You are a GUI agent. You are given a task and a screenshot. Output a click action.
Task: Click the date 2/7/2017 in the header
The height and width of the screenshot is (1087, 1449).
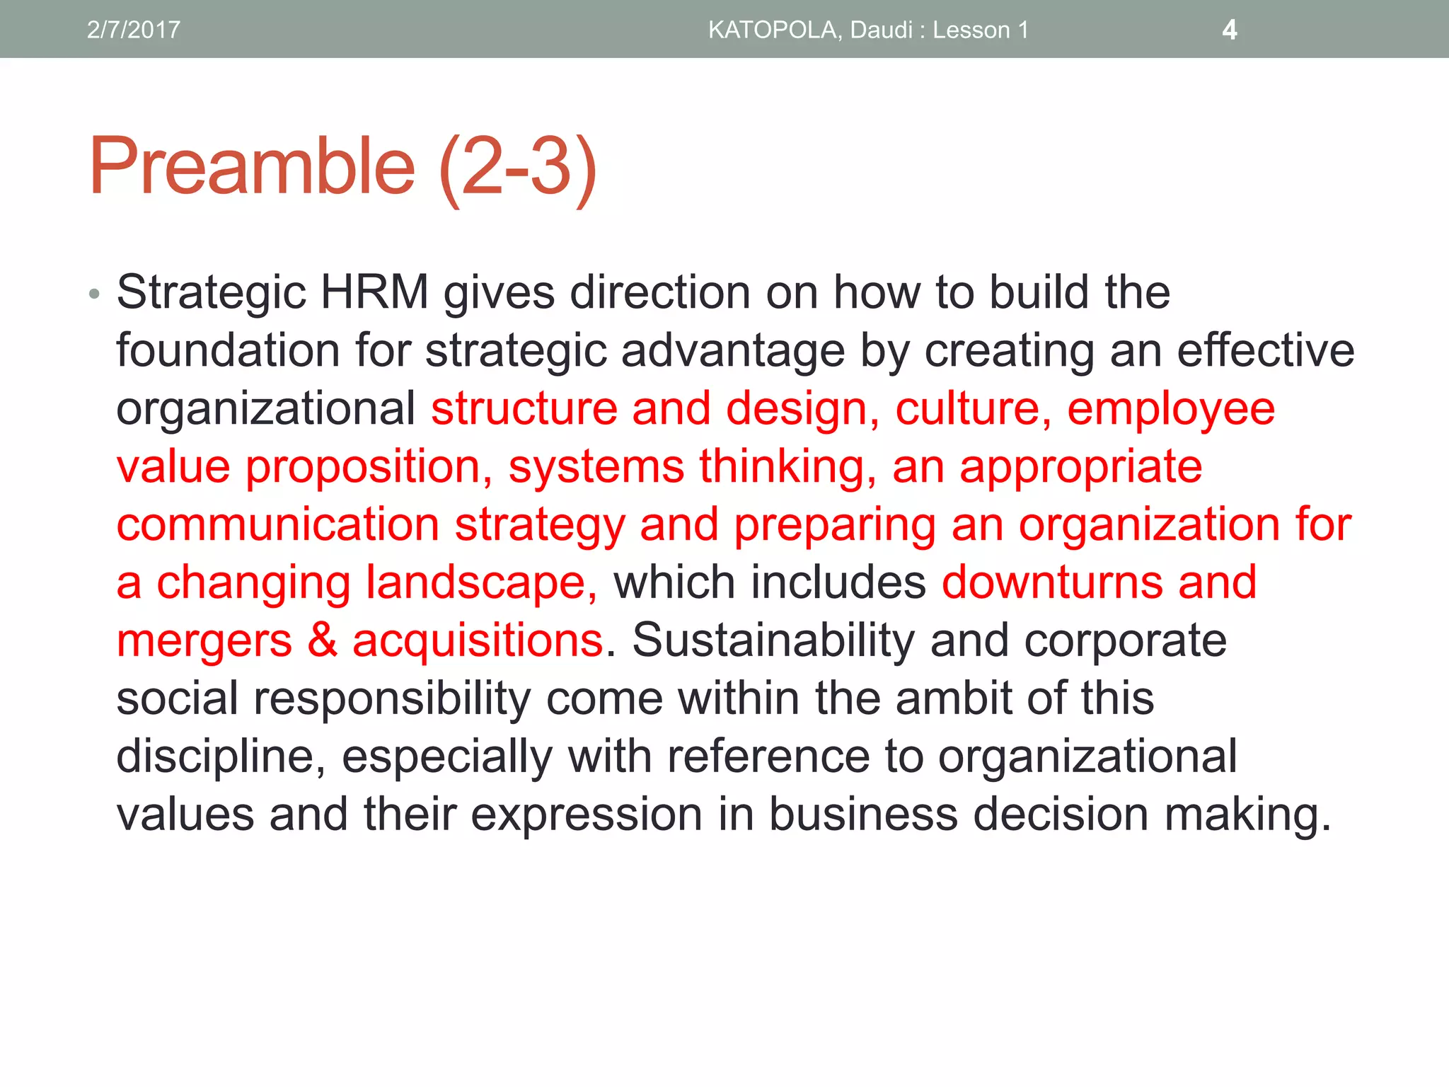(133, 30)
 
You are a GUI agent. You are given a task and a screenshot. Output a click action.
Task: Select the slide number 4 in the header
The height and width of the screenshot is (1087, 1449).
(1230, 30)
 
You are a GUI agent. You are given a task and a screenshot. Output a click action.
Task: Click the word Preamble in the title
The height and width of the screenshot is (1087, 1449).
(252, 167)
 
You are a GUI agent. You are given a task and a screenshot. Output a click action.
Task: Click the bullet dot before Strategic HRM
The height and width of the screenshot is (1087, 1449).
(94, 294)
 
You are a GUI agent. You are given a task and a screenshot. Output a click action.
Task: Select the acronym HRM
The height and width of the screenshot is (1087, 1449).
(374, 292)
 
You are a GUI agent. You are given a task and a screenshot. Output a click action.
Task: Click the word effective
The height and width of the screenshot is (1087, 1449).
(1266, 350)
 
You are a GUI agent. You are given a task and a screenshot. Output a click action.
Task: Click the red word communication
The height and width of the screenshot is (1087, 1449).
(278, 525)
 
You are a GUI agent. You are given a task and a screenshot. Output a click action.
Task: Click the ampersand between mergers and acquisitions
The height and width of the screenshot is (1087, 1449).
(322, 640)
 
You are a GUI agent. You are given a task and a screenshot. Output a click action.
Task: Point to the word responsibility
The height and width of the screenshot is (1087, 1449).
(392, 699)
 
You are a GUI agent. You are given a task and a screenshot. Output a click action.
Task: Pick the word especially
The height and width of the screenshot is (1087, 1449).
(447, 757)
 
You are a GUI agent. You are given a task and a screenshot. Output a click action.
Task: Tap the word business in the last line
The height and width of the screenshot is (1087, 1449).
(863, 815)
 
